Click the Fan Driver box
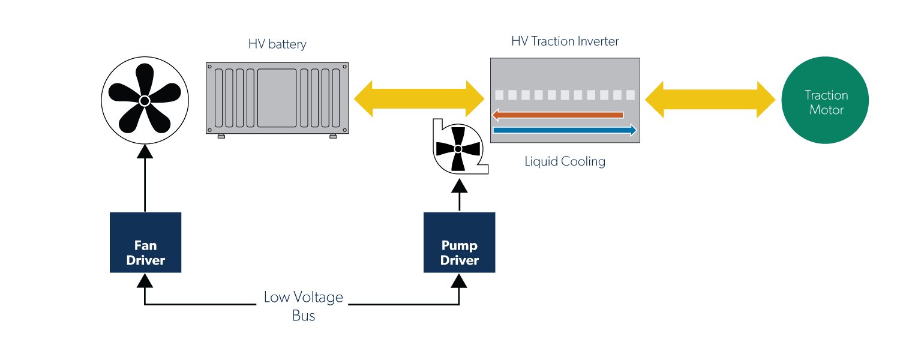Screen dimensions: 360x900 (x=145, y=242)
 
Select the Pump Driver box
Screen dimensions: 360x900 (x=460, y=242)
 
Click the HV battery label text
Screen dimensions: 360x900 (x=277, y=44)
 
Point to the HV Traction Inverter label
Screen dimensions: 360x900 (x=565, y=41)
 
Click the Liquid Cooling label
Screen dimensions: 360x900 (x=565, y=161)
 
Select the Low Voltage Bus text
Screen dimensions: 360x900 (x=304, y=306)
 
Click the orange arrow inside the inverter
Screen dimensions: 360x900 (x=558, y=115)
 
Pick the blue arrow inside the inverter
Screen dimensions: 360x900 (x=564, y=130)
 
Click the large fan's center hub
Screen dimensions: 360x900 (x=145, y=100)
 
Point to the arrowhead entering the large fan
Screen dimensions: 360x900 (x=145, y=151)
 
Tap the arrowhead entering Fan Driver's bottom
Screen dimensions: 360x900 (x=145, y=280)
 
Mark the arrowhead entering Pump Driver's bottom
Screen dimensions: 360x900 (x=459, y=280)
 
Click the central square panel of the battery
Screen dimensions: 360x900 (x=277, y=98)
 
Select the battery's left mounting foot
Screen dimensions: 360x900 (x=221, y=136)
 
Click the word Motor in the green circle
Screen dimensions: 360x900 (x=826, y=110)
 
